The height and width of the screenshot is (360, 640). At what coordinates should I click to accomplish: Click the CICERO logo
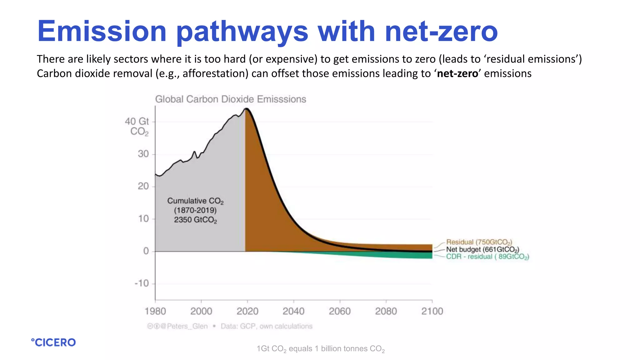pos(53,342)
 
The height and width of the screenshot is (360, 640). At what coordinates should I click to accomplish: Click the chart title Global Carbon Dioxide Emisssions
pos(231,99)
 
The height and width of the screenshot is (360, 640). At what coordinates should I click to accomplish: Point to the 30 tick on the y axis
pos(143,154)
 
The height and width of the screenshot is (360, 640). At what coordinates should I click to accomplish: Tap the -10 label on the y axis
pos(142,283)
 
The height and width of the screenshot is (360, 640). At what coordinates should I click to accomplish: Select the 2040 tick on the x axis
pos(293,311)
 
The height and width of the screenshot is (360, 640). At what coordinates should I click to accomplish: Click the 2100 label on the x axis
pos(432,311)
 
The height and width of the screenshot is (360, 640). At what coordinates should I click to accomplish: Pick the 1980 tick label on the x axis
pos(155,311)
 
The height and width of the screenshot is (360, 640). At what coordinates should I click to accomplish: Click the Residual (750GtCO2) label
pos(479,242)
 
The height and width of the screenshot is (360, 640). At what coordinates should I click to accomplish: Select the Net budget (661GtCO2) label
pos(482,249)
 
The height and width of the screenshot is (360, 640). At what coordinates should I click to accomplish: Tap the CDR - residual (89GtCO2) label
pos(487,257)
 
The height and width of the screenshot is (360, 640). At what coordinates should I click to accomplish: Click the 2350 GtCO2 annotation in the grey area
pos(195,220)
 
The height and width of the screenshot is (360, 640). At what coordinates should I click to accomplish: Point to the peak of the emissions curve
pos(247,108)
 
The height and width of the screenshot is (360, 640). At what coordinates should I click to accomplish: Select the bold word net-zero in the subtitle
pos(457,73)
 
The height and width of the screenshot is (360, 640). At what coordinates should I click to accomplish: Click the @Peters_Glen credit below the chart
pos(187,326)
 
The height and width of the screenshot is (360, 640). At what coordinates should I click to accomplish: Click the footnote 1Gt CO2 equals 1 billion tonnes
pos(321,349)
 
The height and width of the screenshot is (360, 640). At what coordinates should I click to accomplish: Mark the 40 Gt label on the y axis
pos(137,121)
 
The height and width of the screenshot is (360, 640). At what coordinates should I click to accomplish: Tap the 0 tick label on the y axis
pos(146,251)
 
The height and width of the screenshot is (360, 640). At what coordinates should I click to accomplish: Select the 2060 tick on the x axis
pos(340,311)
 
